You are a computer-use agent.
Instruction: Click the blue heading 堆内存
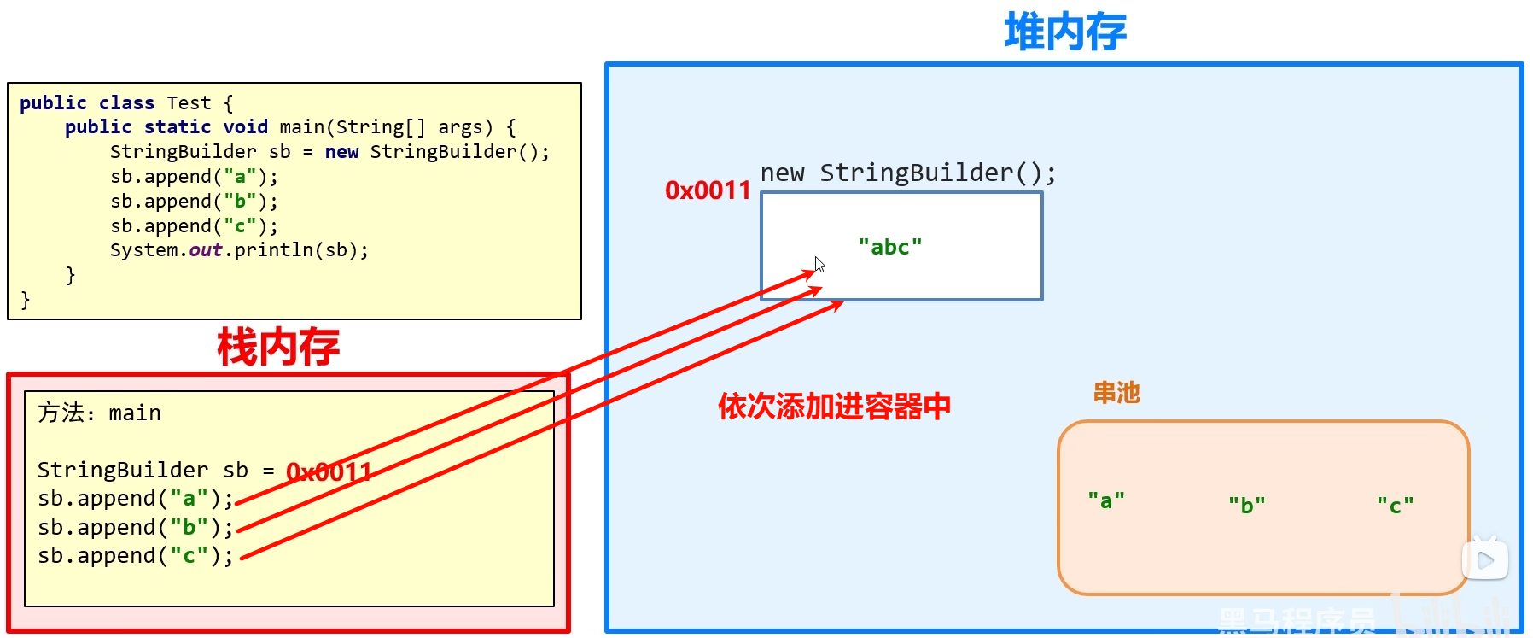point(1065,32)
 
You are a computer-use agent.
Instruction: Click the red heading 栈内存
point(278,347)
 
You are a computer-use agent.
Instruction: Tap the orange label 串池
point(1116,393)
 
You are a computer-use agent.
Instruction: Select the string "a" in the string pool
point(1106,500)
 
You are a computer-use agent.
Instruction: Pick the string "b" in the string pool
point(1247,505)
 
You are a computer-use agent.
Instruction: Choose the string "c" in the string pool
point(1396,505)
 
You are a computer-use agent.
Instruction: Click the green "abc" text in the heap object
point(890,247)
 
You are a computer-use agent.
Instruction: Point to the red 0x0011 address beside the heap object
point(708,190)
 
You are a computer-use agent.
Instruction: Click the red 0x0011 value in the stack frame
point(329,471)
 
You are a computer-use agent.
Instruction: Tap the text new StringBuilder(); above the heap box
point(908,173)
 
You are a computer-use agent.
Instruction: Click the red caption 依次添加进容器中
point(834,407)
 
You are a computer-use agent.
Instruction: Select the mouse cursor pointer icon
point(819,264)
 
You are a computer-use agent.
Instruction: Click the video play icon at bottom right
point(1485,559)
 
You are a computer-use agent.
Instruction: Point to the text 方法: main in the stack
point(99,413)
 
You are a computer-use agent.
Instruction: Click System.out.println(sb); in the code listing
point(239,250)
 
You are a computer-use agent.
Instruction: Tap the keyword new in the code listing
point(341,152)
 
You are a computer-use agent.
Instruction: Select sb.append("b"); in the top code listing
point(194,202)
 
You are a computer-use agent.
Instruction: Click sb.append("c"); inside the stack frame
point(135,556)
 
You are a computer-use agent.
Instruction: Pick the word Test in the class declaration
point(189,103)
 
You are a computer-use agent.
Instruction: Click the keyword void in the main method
point(245,127)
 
